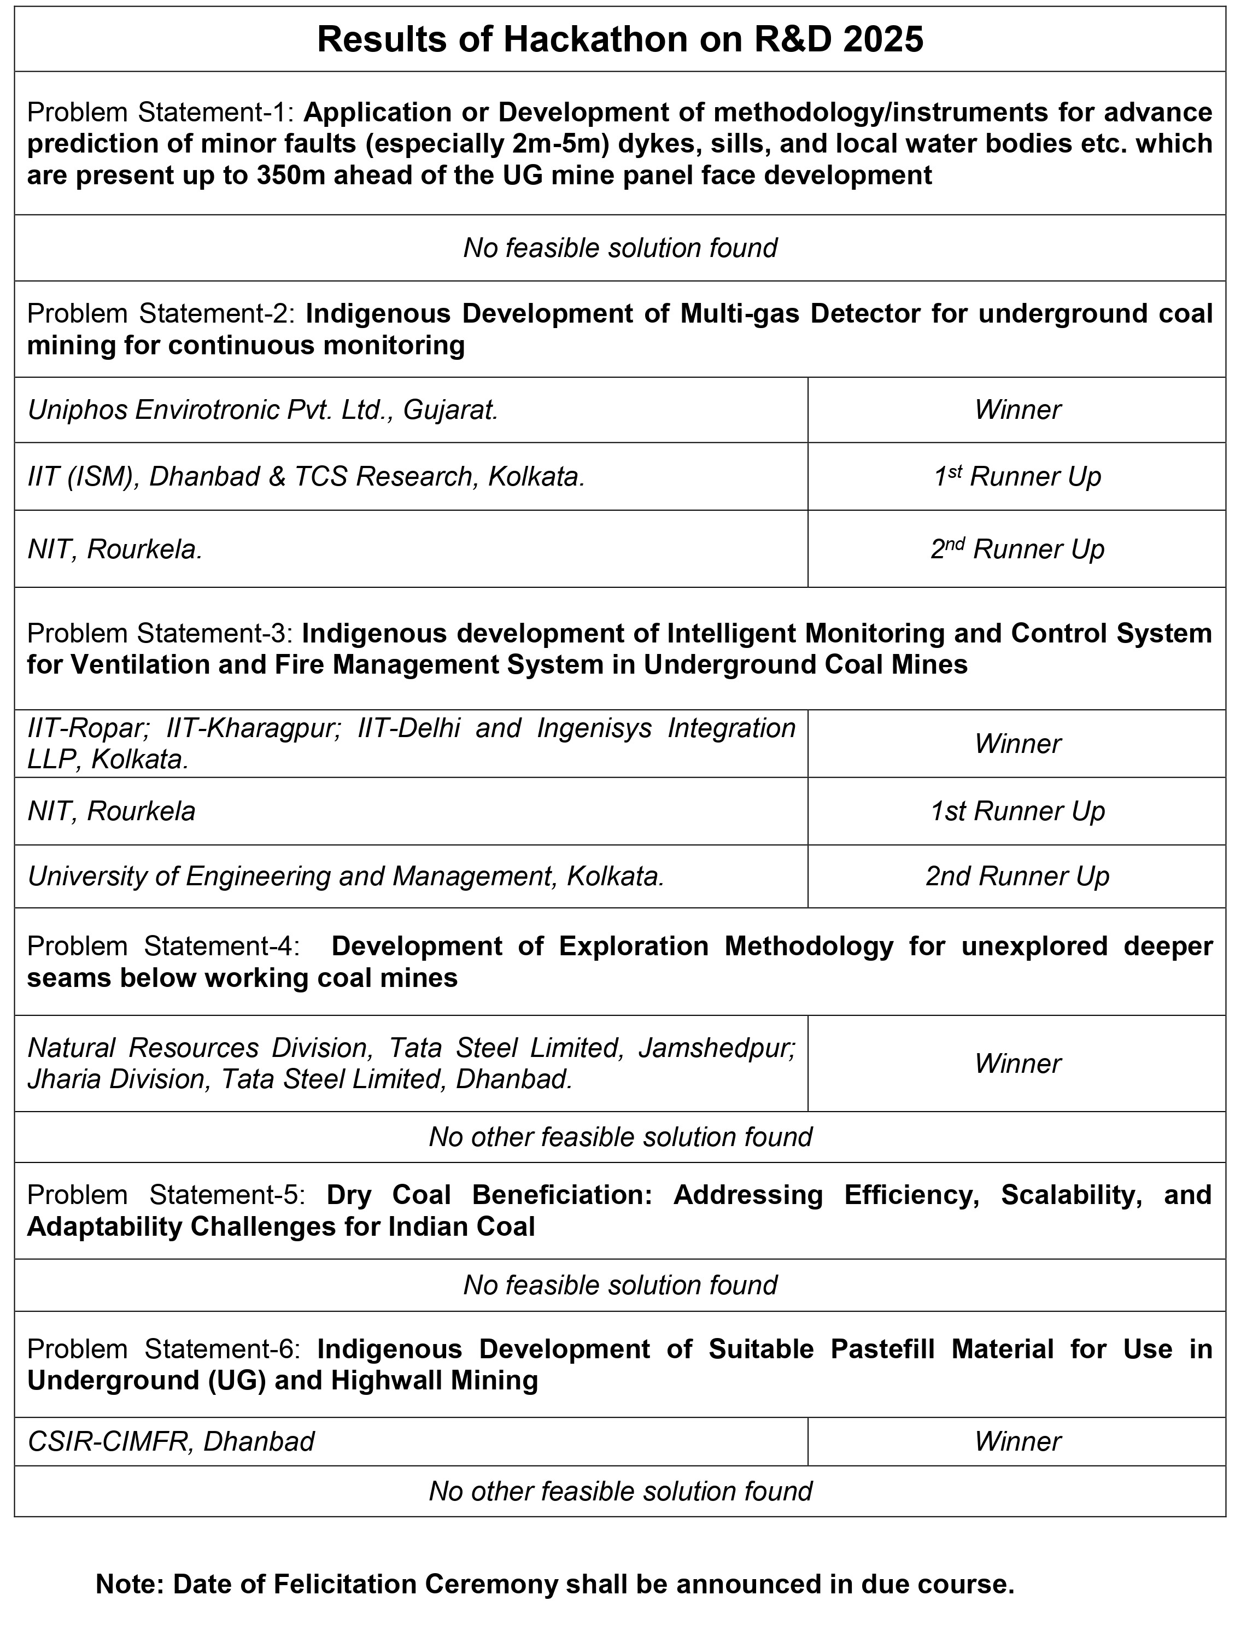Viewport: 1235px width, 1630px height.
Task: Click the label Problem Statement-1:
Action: point(161,112)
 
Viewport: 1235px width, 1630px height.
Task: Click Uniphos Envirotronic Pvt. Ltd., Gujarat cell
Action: point(263,410)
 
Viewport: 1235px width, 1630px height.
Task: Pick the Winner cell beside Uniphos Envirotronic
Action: point(1017,410)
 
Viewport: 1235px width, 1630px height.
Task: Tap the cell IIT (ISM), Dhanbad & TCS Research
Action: point(306,477)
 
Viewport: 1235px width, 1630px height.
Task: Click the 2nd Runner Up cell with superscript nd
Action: point(1017,549)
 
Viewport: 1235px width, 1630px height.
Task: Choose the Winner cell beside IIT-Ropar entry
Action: point(1017,744)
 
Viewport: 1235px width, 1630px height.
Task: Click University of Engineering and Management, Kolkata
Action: point(346,876)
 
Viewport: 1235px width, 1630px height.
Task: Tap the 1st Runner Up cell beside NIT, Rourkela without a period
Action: point(1017,811)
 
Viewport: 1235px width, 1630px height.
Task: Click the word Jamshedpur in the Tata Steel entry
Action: point(716,1048)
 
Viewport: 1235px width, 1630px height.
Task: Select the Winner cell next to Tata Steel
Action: point(1017,1064)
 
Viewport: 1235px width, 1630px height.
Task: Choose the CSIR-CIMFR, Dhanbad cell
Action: point(171,1441)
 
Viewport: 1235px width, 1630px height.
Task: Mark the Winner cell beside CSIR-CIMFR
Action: point(1017,1441)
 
